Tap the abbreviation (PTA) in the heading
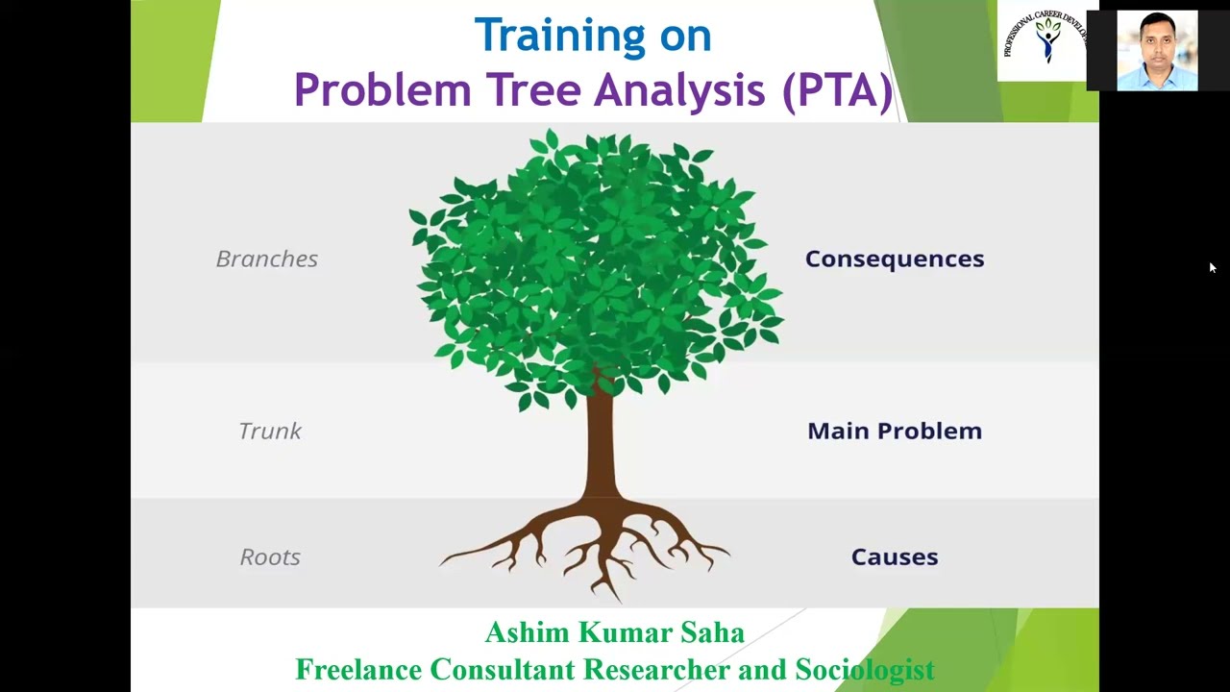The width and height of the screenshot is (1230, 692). point(837,90)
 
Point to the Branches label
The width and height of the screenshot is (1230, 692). point(266,259)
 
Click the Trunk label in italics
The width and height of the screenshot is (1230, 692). point(270,431)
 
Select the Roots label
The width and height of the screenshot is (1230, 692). point(270,556)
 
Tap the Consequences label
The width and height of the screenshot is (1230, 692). point(894,259)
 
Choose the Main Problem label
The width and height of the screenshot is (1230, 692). point(894,431)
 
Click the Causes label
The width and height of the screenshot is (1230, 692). point(894,556)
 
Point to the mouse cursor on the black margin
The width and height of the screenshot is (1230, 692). point(1213,268)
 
